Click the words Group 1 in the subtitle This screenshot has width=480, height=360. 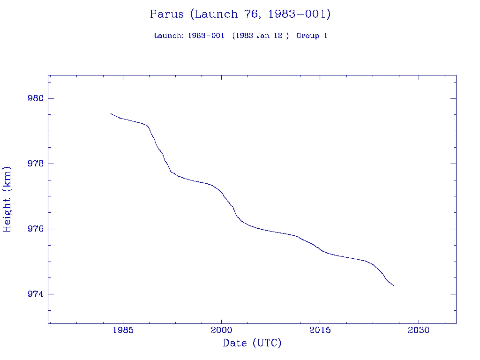point(312,36)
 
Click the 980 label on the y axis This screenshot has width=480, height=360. point(36,99)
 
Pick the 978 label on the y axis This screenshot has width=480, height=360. point(36,164)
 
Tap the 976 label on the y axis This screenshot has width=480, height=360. point(36,229)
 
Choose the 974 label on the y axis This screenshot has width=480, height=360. point(36,294)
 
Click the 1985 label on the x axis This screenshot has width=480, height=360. point(123,330)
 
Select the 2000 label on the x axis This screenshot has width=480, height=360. point(221,330)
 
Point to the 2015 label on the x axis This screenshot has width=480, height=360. point(320,330)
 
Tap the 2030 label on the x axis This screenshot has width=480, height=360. point(419,330)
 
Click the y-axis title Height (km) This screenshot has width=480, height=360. point(7,199)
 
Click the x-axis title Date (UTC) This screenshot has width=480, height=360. point(252,343)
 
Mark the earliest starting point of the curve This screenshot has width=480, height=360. point(111,113)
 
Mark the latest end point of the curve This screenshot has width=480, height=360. point(394,285)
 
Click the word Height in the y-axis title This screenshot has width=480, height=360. point(7,215)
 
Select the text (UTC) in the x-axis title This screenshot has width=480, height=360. point(267,343)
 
